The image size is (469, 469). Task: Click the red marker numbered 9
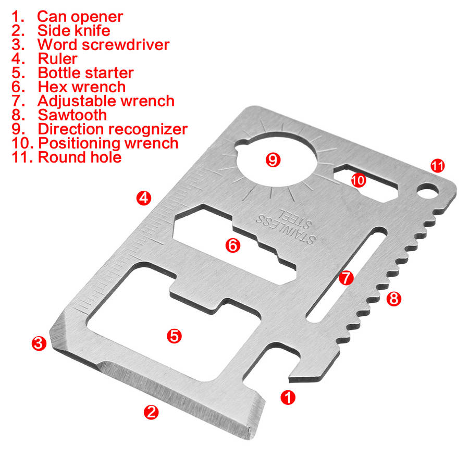pyautogui.click(x=273, y=159)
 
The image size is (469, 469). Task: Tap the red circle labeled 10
pyautogui.click(x=359, y=180)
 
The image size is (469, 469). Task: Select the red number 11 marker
pyautogui.click(x=437, y=166)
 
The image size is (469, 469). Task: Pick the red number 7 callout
pyautogui.click(x=346, y=278)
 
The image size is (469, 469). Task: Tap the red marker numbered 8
pyautogui.click(x=394, y=298)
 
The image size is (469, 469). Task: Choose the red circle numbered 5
pyautogui.click(x=174, y=336)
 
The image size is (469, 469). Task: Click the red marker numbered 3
pyautogui.click(x=39, y=343)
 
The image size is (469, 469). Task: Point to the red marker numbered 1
pyautogui.click(x=288, y=398)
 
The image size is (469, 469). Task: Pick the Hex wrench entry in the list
pyautogui.click(x=81, y=87)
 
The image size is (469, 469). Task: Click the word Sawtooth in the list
pyautogui.click(x=72, y=115)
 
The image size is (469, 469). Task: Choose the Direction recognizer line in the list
pyautogui.click(x=112, y=129)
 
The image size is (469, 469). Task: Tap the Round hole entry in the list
pyautogui.click(x=79, y=157)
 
